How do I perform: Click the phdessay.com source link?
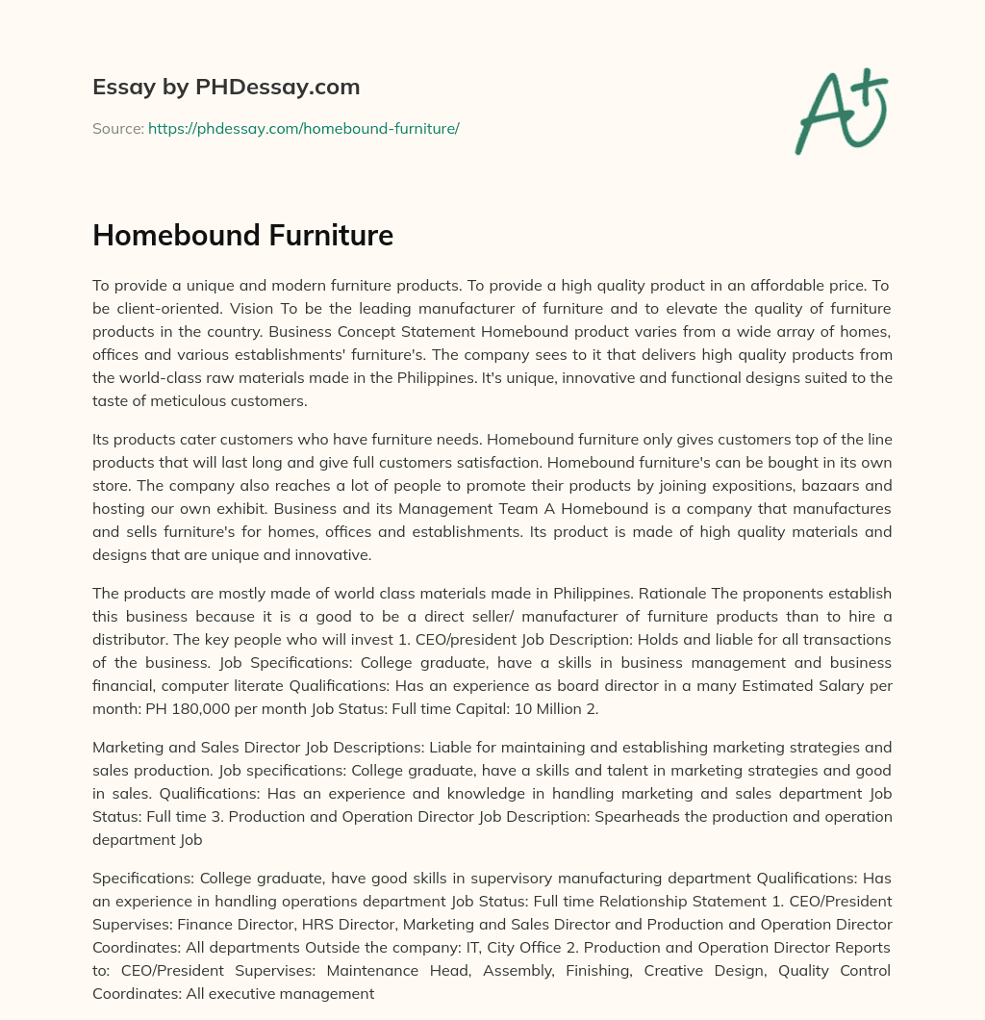pyautogui.click(x=303, y=128)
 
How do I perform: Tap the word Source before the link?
pyautogui.click(x=117, y=128)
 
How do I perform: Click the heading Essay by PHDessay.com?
pyautogui.click(x=226, y=88)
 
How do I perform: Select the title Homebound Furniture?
pyautogui.click(x=242, y=235)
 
